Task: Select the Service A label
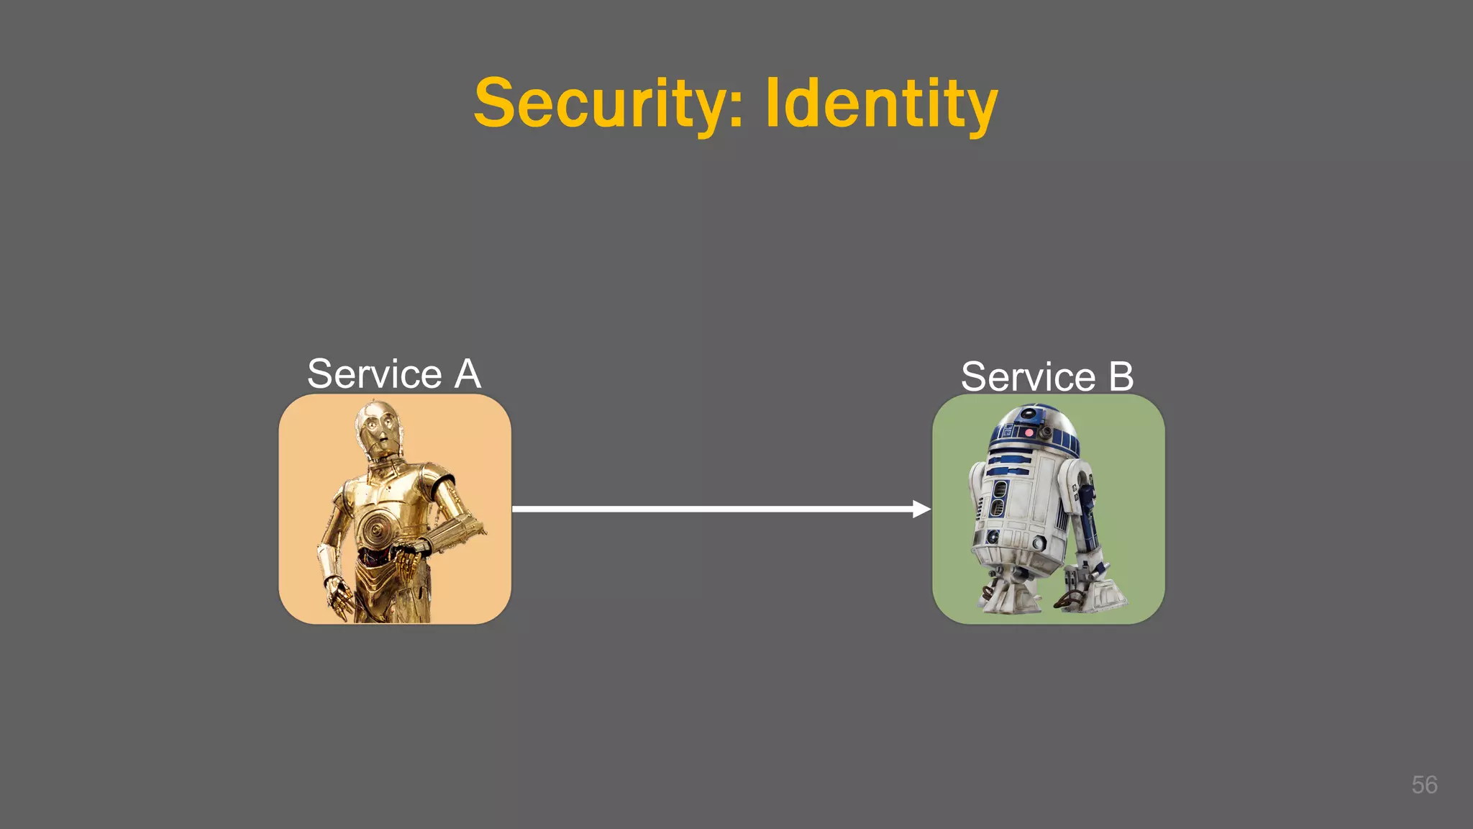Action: (393, 374)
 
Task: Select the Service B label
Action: (1047, 376)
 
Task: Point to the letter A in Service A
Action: (468, 374)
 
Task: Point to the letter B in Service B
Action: (1121, 376)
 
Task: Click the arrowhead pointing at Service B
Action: (921, 509)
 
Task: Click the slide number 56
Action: (1424, 784)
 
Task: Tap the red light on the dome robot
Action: (1029, 433)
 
